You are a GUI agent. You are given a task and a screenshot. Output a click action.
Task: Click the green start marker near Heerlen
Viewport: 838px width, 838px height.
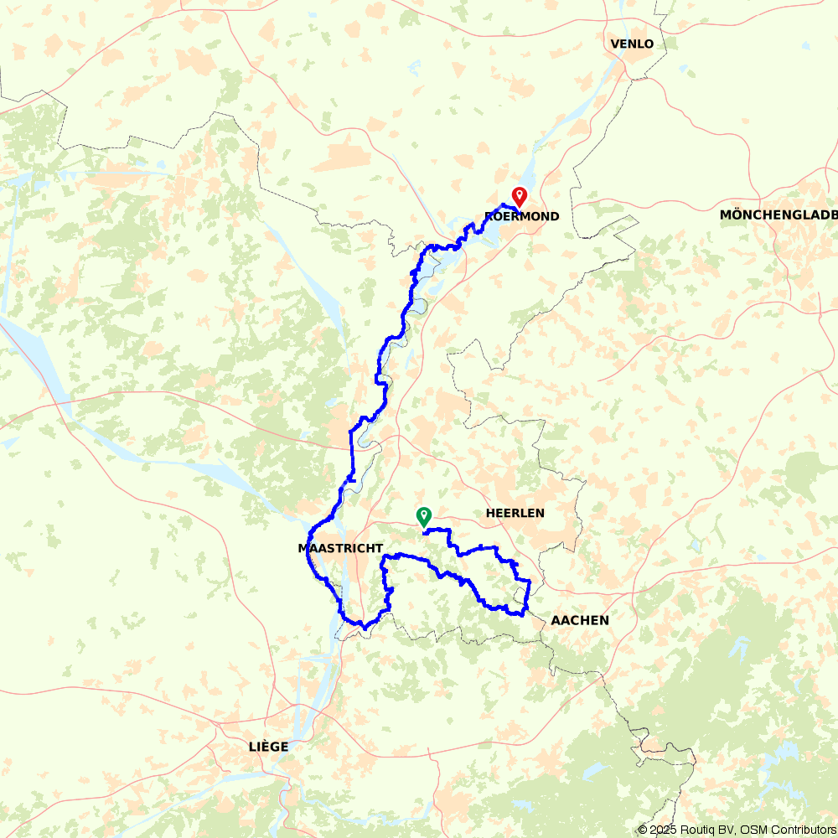tap(424, 515)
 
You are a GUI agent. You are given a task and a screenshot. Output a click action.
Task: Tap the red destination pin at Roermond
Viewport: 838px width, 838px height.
tap(520, 196)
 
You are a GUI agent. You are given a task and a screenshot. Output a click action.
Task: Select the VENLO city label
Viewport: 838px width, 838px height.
tap(632, 44)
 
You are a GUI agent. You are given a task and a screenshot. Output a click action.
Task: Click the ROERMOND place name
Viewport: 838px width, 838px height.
tap(521, 216)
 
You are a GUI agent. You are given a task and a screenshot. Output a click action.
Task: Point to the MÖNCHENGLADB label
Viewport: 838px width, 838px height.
tap(778, 215)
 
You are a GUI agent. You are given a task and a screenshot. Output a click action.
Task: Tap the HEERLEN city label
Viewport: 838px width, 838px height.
tap(515, 513)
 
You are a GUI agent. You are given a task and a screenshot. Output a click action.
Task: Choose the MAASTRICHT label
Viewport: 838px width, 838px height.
tap(340, 548)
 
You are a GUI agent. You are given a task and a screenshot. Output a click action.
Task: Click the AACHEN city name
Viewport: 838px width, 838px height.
tap(580, 620)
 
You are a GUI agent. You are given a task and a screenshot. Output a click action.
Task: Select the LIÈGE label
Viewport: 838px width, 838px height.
tap(268, 746)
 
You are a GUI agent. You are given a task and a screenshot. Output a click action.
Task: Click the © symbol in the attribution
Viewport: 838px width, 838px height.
tap(643, 830)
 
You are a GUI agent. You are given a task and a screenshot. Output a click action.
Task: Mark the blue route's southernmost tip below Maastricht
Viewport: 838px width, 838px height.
tap(364, 627)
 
